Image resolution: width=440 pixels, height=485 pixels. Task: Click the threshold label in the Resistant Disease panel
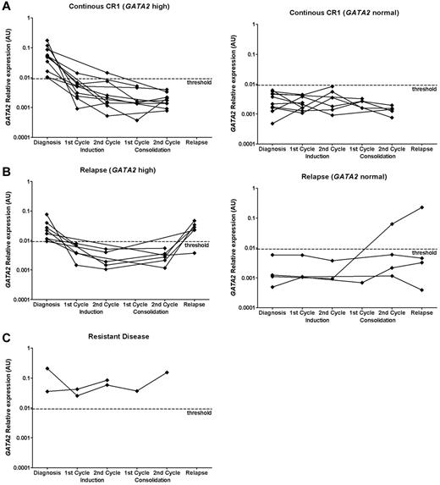(201, 414)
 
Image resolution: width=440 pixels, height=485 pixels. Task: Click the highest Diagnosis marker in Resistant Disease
(47, 369)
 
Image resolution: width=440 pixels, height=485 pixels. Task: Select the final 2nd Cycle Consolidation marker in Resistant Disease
(168, 372)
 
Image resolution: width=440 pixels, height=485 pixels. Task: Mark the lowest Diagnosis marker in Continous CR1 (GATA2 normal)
(272, 124)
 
